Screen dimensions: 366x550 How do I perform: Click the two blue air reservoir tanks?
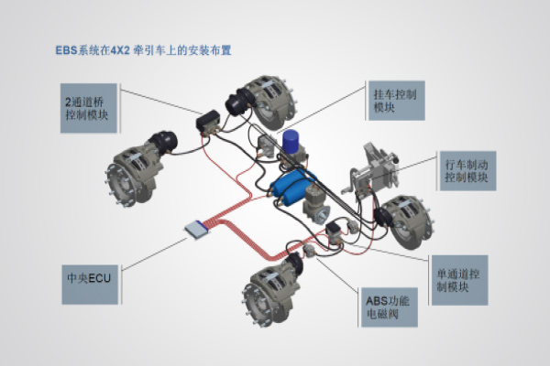click(x=289, y=188)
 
